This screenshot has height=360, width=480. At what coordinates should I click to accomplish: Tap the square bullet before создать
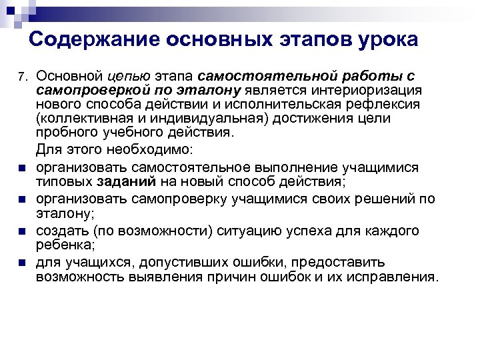click(22, 231)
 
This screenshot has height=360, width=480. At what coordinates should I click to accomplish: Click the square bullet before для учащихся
click(22, 263)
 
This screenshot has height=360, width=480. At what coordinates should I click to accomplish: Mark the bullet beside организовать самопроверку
click(22, 199)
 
